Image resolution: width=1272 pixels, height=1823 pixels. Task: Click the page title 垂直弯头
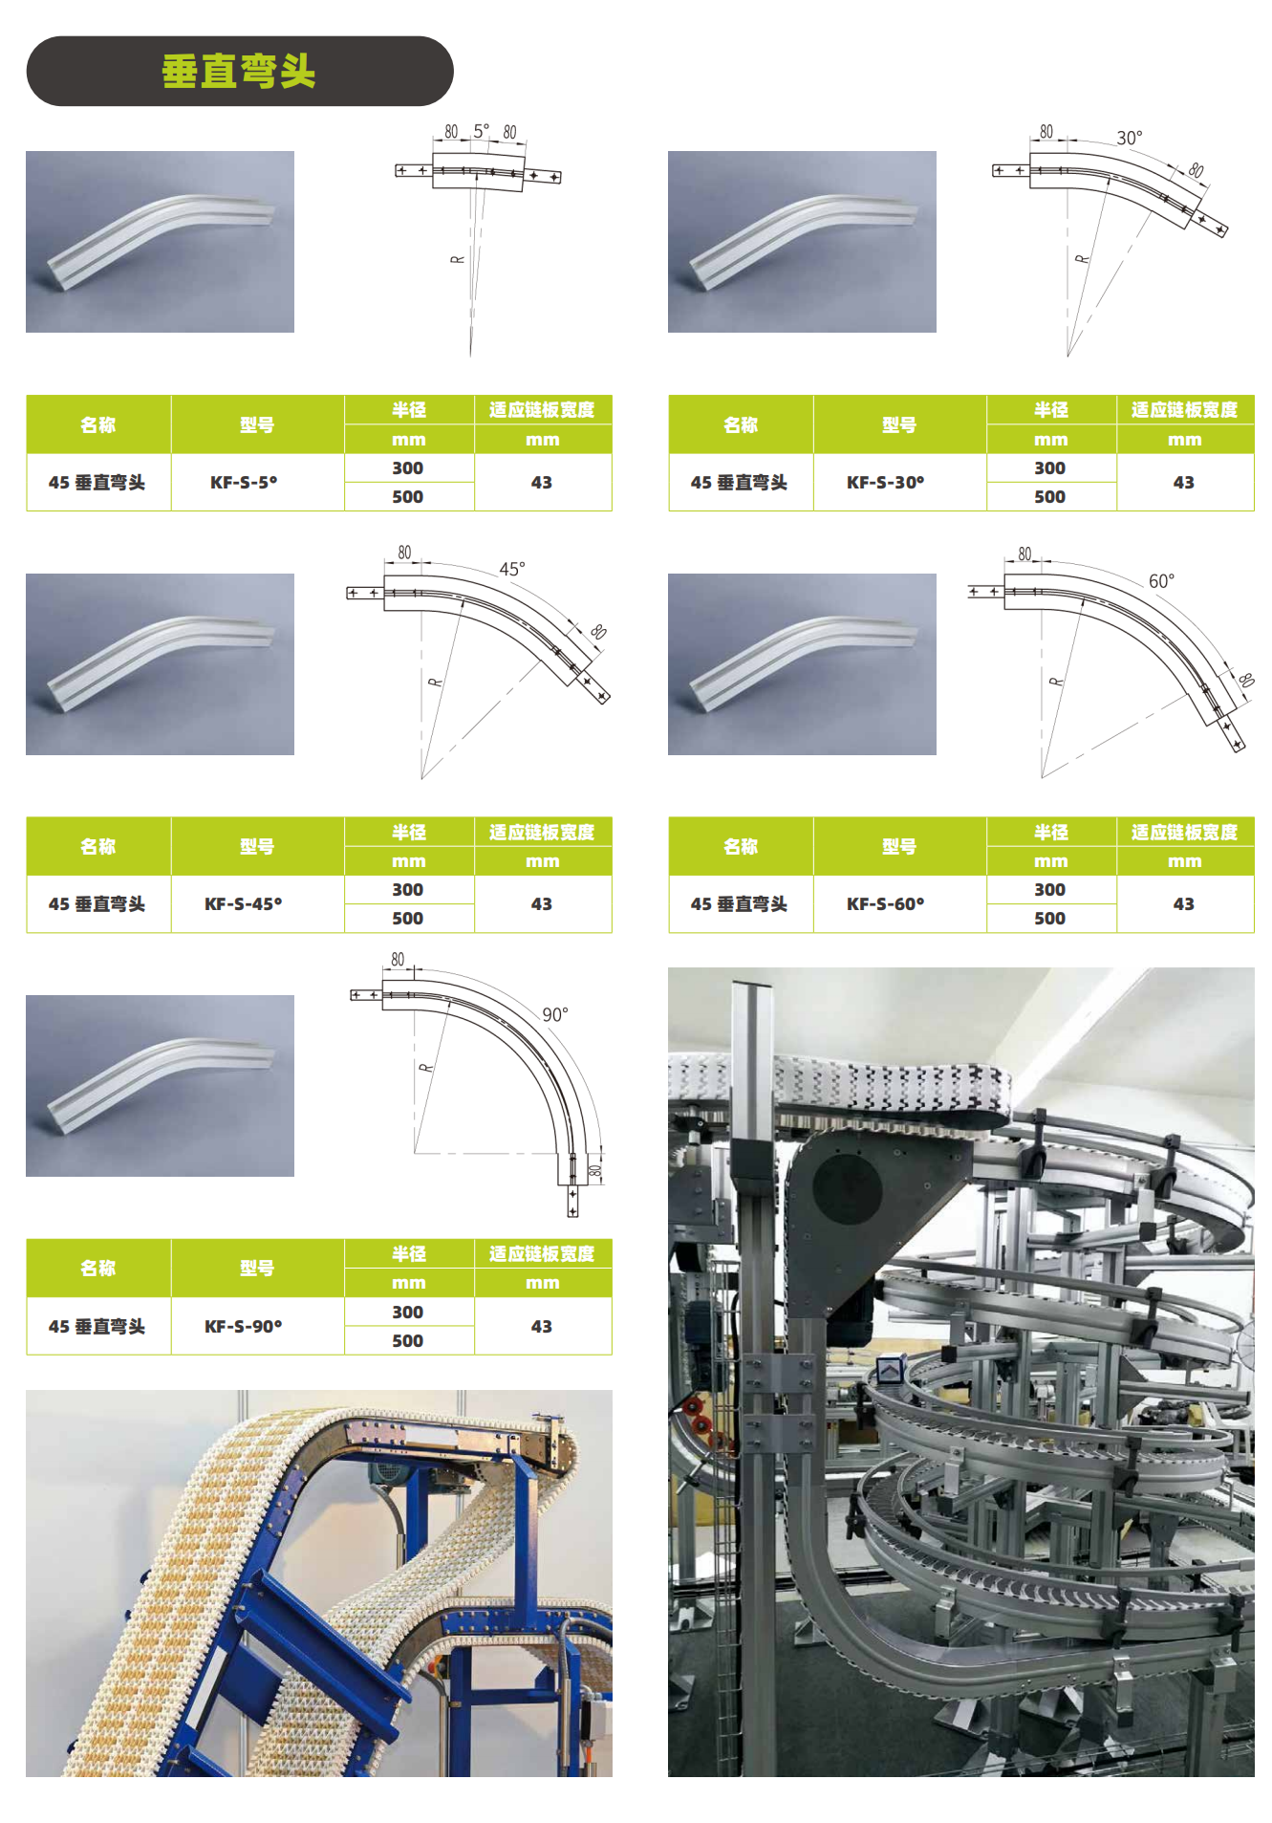[x=239, y=72]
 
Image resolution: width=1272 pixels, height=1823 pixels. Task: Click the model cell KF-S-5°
[x=244, y=483]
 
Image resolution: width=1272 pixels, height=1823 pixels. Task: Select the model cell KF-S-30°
[x=886, y=483]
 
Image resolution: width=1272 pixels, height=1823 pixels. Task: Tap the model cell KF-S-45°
[x=244, y=904]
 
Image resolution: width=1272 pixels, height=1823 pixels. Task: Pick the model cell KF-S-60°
[x=886, y=904]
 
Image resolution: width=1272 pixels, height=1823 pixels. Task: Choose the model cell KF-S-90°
[x=244, y=1327]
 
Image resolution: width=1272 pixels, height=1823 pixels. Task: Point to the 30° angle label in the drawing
[x=1130, y=138]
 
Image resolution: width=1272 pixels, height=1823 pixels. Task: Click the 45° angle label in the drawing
[x=512, y=569]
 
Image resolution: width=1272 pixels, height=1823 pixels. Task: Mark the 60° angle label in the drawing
[x=1162, y=581]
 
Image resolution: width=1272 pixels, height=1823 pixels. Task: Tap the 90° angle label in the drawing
[x=555, y=1014]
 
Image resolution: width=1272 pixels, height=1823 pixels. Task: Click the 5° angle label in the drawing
[x=482, y=130]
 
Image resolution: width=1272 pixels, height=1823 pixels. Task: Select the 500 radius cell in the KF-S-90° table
[x=408, y=1341]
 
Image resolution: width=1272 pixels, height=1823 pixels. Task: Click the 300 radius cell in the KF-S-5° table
[x=408, y=468]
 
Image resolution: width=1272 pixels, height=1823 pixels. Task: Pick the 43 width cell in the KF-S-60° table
[x=1184, y=904]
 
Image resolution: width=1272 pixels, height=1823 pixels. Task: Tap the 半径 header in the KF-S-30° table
[x=1050, y=410]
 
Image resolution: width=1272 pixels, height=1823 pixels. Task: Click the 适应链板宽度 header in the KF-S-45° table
[x=542, y=833]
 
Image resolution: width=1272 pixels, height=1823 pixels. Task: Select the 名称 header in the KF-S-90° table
[x=98, y=1269]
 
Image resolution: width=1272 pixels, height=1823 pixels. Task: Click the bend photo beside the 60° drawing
[x=802, y=664]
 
